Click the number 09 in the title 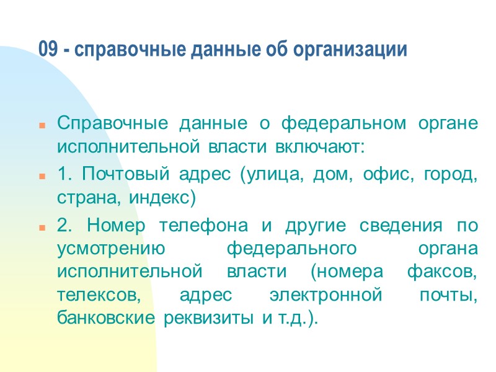(x=48, y=50)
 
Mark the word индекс (x=162, y=199)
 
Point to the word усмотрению (x=111, y=249)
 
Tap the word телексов (x=99, y=295)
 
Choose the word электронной (x=326, y=295)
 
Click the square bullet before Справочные (x=42, y=125)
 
